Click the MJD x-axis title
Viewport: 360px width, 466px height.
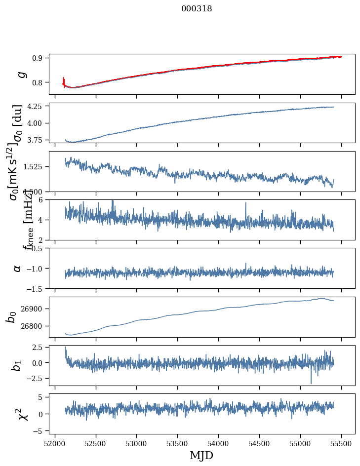pos(201,455)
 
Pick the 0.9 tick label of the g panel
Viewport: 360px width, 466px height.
pos(39,58)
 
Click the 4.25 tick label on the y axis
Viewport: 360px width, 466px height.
pos(36,106)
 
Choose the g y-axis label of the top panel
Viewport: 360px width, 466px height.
pos(20,75)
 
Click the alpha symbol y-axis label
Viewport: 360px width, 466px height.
pos(18,268)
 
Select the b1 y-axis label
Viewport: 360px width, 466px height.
pos(17,365)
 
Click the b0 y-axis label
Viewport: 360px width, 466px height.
pos(11,317)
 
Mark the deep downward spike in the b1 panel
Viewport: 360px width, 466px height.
pos(311,382)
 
